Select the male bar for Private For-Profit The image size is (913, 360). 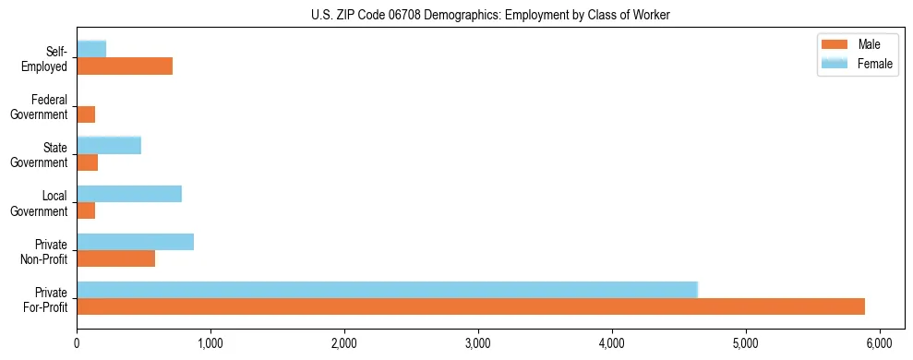click(471, 306)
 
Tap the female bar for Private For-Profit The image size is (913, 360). click(387, 290)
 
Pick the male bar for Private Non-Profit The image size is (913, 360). click(116, 258)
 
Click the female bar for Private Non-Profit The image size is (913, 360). click(136, 242)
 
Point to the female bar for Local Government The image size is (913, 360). click(129, 194)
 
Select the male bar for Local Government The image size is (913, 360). click(86, 210)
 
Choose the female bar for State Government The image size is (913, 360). click(109, 146)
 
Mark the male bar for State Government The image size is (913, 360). click(88, 162)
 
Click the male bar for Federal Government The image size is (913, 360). click(86, 114)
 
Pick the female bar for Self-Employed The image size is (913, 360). click(91, 50)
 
